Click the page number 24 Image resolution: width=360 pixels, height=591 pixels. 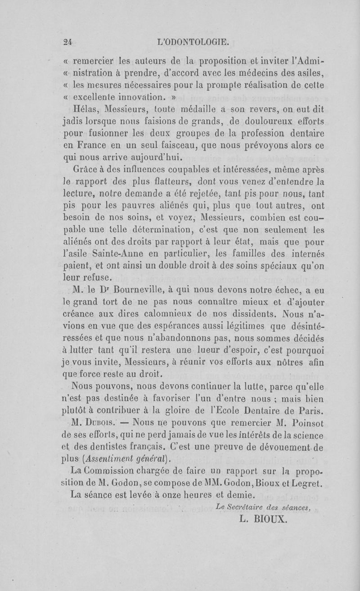(x=68, y=43)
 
